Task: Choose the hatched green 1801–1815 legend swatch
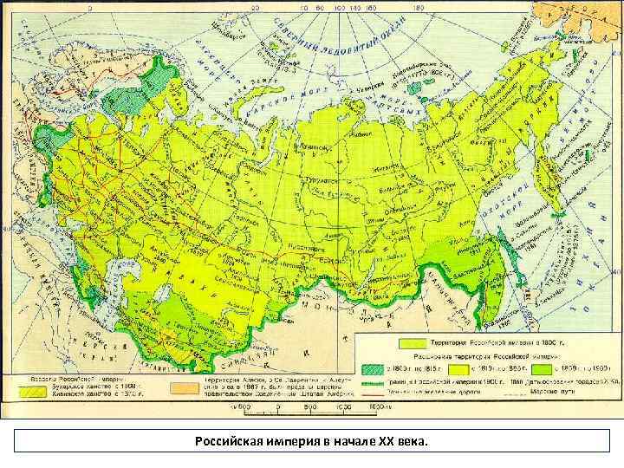pyautogui.click(x=376, y=367)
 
